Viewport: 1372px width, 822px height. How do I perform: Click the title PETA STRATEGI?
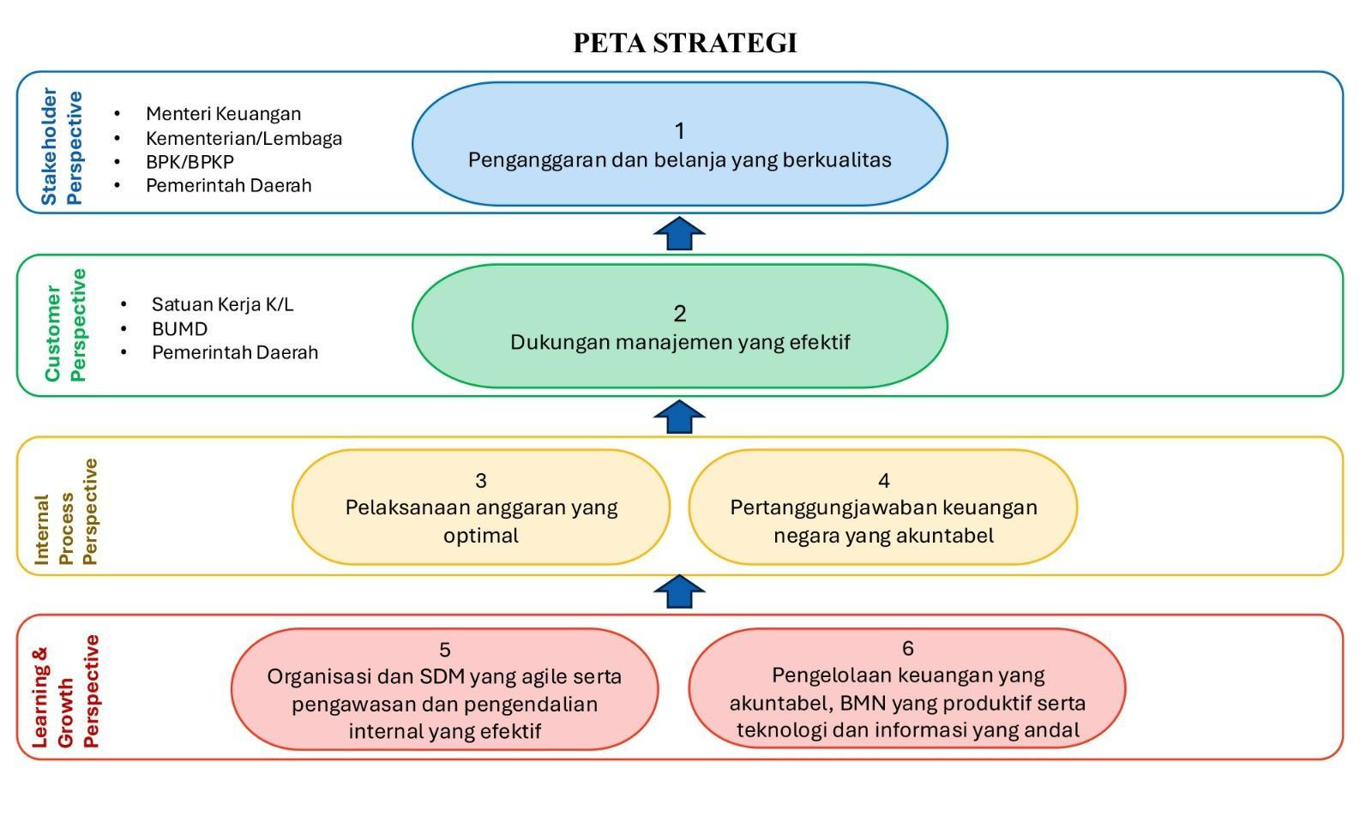685,43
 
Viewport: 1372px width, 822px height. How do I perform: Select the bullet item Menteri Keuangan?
223,114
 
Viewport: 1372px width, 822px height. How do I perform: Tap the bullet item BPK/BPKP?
190,162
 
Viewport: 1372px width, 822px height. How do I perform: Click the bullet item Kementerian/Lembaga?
244,138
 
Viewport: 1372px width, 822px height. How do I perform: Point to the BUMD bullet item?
179,328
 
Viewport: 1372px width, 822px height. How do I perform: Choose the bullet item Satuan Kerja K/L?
222,304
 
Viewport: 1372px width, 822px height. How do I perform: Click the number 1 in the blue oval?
679,131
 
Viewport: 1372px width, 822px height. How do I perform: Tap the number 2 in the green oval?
679,314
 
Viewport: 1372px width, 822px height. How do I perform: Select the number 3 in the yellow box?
481,480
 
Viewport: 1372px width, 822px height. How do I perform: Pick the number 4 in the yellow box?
883,480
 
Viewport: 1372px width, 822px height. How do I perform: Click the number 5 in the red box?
444,650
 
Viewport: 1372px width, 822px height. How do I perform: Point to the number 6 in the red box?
907,648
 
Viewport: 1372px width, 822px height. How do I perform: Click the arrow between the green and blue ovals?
679,234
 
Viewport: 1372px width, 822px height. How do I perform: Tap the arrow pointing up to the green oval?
679,417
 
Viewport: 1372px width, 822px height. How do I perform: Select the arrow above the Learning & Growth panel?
679,591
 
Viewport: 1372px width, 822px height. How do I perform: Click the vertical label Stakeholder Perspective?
62,147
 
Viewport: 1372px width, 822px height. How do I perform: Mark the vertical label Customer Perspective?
65,325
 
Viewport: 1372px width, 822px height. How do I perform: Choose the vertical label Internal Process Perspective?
66,512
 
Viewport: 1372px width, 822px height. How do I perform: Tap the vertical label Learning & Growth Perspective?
66,691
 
